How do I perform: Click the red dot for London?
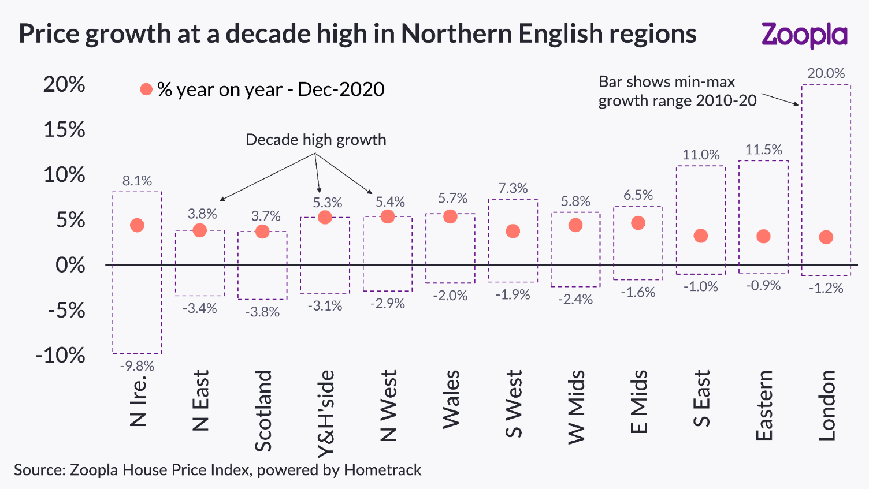(x=826, y=237)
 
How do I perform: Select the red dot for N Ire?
(x=137, y=225)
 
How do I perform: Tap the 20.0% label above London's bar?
(x=826, y=73)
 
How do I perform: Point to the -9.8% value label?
(x=137, y=366)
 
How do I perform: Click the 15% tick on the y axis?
(x=64, y=129)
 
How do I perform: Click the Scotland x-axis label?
(x=263, y=411)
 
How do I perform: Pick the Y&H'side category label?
(x=326, y=413)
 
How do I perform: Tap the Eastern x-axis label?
(x=764, y=405)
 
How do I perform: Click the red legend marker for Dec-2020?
(x=146, y=89)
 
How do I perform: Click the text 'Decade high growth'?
(x=315, y=140)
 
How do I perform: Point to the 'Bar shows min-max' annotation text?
(x=666, y=82)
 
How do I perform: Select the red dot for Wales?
(x=450, y=216)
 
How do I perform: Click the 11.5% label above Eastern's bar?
(x=763, y=150)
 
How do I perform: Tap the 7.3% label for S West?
(x=513, y=188)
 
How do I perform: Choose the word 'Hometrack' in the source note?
(x=382, y=470)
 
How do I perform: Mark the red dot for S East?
(x=700, y=236)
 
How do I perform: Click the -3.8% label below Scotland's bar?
(x=262, y=312)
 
